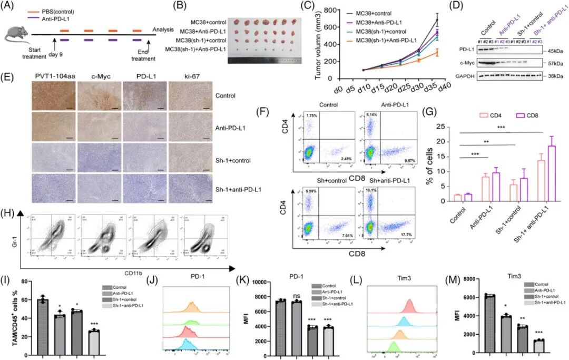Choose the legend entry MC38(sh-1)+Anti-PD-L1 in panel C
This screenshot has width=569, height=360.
382,40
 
